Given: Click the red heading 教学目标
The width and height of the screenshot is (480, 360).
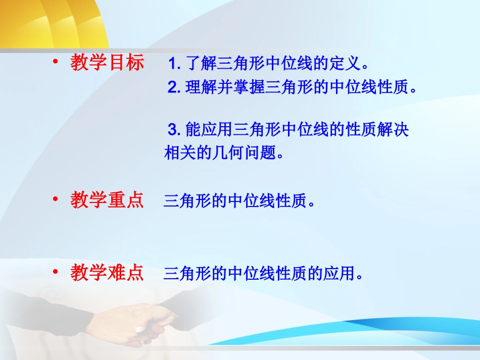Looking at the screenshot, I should [107, 63].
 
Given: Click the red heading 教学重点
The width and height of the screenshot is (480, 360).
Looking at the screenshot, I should [107, 200].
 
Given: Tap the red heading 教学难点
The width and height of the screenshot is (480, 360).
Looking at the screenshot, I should [107, 273].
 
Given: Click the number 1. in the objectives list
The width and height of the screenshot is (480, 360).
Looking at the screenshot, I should [174, 65].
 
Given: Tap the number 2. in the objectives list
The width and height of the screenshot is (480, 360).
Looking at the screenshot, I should [174, 88].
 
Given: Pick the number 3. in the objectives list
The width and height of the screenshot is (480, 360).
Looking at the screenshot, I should [174, 130].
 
